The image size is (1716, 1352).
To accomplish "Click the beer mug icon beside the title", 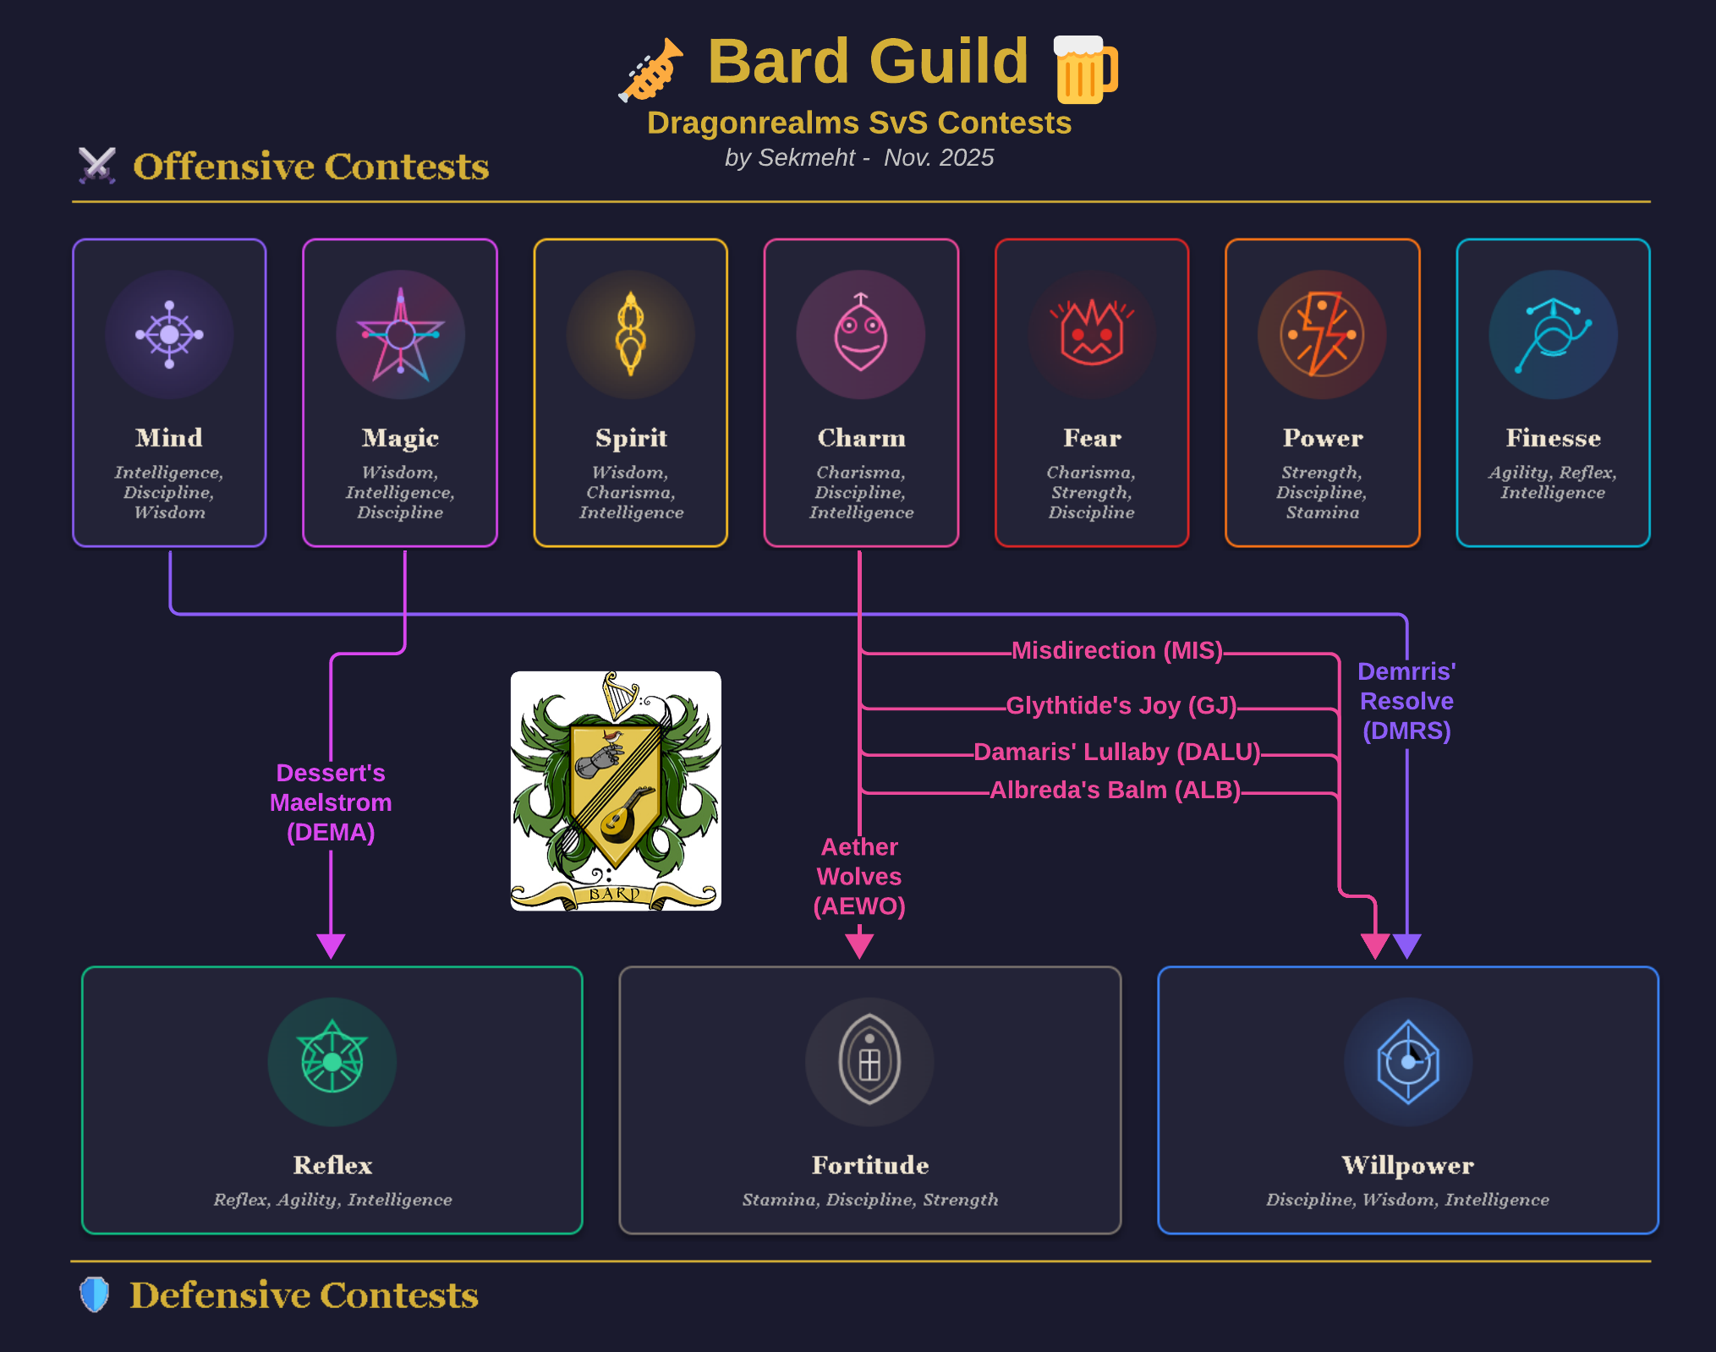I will coord(1086,69).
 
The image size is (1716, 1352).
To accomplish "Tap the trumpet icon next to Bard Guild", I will coord(650,70).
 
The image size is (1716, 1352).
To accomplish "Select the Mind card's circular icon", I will coord(169,335).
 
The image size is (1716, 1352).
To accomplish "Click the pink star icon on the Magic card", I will coord(400,335).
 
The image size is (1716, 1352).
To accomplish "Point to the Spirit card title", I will coord(631,438).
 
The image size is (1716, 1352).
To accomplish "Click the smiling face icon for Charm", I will coord(861,335).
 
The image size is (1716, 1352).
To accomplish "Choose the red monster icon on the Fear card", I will coord(1092,335).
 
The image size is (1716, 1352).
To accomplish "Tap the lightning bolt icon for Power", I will coord(1322,335).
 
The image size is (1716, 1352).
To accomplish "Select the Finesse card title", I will coord(1553,438).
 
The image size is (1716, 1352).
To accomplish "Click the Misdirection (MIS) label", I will coord(1116,650).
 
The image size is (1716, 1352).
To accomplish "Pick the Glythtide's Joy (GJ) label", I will coord(1121,705).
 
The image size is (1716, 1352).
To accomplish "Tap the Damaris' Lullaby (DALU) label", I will coord(1116,752).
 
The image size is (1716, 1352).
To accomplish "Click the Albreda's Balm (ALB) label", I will coord(1115,790).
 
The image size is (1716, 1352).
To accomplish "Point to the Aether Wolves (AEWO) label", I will coord(859,876).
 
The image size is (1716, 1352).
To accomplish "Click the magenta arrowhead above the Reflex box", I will coord(331,945).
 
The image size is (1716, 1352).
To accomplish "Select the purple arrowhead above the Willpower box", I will coord(1406,945).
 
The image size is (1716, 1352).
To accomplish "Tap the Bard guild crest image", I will coord(616,791).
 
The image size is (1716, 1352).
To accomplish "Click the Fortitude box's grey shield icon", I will coord(869,1062).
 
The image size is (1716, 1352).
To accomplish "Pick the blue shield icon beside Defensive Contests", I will coord(95,1295).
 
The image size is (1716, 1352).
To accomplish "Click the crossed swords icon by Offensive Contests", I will coord(97,166).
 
